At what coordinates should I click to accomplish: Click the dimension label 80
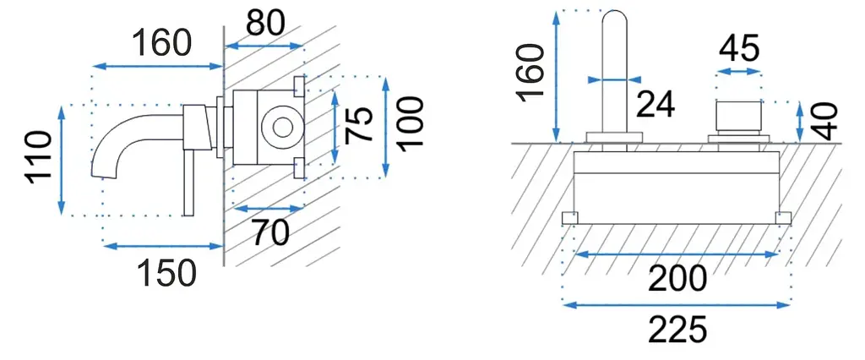pyautogui.click(x=265, y=24)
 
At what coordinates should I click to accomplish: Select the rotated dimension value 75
pyautogui.click(x=359, y=125)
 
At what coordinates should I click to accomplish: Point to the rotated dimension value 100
pyautogui.click(x=411, y=123)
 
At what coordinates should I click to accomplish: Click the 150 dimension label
pyautogui.click(x=166, y=273)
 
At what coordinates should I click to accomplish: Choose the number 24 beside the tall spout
pyautogui.click(x=656, y=104)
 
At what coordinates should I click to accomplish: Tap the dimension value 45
pyautogui.click(x=739, y=48)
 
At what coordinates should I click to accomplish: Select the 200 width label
pyautogui.click(x=677, y=279)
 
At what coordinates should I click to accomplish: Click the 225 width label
pyautogui.click(x=677, y=330)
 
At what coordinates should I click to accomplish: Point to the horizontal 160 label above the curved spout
pyautogui.click(x=162, y=42)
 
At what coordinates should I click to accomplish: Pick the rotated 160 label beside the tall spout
pyautogui.click(x=531, y=72)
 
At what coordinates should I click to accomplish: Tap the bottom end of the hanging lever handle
pyautogui.click(x=188, y=215)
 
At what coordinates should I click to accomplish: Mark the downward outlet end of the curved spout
pyautogui.click(x=105, y=176)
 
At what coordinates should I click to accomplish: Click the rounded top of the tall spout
pyautogui.click(x=615, y=11)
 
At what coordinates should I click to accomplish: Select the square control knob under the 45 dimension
pyautogui.click(x=738, y=117)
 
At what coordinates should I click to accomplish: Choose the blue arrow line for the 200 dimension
pyautogui.click(x=677, y=254)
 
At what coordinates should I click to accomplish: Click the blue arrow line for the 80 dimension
pyautogui.click(x=264, y=47)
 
